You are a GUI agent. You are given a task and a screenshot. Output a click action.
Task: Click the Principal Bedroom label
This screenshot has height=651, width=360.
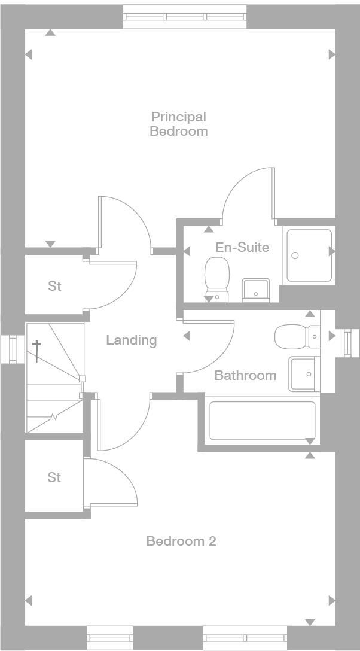[178, 124]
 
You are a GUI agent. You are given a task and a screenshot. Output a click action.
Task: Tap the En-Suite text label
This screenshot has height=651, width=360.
[242, 247]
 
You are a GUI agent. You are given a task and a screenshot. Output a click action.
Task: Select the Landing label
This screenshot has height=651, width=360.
[131, 340]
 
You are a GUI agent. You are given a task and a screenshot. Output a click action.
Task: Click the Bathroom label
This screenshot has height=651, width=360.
[245, 375]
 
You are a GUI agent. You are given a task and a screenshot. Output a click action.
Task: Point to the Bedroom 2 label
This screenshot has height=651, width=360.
[181, 541]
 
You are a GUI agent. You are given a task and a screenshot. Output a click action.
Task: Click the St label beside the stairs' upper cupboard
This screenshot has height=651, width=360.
[54, 286]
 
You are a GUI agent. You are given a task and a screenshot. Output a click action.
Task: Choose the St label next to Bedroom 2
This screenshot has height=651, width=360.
[54, 477]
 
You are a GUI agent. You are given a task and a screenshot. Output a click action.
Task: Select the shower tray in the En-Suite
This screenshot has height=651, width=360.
[309, 255]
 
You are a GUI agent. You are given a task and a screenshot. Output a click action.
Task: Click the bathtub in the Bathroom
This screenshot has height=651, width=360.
[262, 420]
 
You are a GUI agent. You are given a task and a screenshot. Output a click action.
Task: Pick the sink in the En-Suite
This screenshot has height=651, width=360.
[257, 290]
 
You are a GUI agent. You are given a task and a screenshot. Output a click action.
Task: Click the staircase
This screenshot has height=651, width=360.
[54, 377]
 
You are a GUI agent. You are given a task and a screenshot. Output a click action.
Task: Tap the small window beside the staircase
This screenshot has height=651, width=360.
[11, 349]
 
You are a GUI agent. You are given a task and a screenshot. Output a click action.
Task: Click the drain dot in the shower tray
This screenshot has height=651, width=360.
[294, 255]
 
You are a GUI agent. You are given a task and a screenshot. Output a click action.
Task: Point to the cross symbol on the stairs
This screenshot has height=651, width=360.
[37, 351]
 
